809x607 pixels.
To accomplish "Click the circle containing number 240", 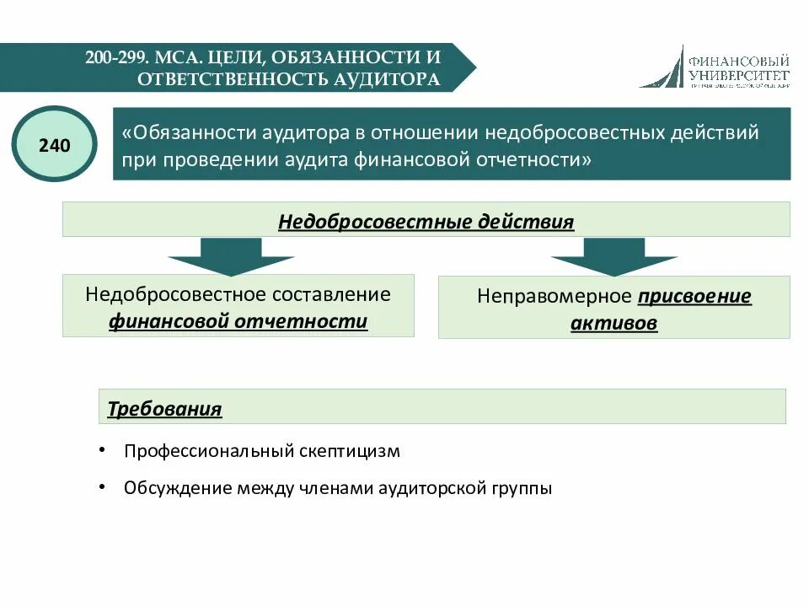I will (x=54, y=145).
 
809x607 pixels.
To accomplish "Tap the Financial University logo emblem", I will (x=662, y=67).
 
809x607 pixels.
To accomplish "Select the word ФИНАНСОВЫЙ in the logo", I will (x=738, y=61).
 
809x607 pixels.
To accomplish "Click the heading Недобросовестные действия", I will (x=426, y=222).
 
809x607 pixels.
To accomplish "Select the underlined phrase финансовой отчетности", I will (x=238, y=321).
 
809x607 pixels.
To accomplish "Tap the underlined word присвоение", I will (x=694, y=296).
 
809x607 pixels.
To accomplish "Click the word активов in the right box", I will (x=613, y=323).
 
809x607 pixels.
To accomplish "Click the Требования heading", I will (x=164, y=409).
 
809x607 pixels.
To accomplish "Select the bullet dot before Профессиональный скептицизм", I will (x=102, y=450).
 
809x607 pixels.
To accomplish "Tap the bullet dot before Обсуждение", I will (x=102, y=486).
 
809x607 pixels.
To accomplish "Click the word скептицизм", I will (x=350, y=451).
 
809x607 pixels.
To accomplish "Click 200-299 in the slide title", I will (x=116, y=58).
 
